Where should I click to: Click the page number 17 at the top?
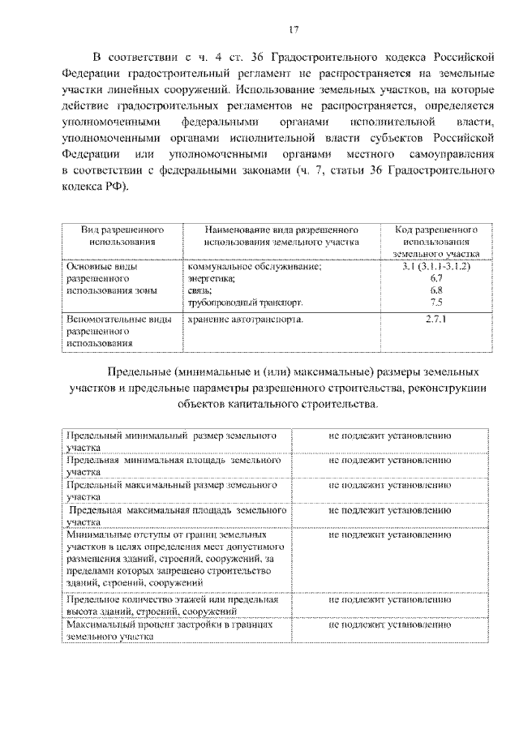[294, 31]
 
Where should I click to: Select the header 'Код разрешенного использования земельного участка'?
[435, 241]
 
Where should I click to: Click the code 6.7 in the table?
[435, 277]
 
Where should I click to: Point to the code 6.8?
[435, 290]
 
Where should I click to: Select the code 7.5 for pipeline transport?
[435, 302]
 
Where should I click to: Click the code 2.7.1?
[435, 319]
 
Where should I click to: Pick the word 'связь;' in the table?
[199, 290]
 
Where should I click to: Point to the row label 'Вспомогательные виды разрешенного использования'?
[119, 331]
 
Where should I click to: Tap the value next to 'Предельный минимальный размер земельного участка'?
[389, 436]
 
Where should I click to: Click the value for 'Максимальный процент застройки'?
[389, 625]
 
